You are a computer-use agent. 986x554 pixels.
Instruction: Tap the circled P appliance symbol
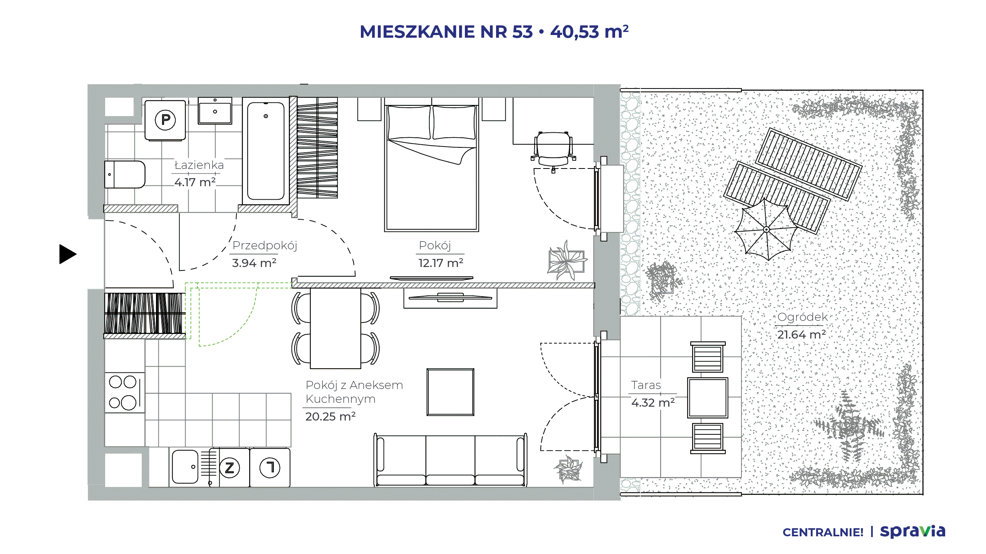[165, 120]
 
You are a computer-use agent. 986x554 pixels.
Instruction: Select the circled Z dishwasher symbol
[230, 468]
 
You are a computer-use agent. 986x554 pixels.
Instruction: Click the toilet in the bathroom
[125, 174]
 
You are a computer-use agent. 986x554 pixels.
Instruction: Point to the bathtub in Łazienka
[266, 151]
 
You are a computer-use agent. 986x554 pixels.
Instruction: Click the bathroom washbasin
[215, 111]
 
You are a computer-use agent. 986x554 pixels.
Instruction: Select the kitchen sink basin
[185, 467]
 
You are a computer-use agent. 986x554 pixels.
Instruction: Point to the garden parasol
[766, 230]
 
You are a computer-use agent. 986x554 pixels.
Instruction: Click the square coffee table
[450, 392]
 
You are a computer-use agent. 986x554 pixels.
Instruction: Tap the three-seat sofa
[450, 460]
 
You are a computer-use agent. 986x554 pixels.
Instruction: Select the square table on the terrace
[708, 398]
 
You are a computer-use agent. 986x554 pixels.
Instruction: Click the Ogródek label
[803, 317]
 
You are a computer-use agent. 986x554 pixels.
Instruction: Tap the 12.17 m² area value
[441, 263]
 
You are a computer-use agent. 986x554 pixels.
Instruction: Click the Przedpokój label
[265, 245]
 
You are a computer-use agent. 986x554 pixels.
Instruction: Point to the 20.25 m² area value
[330, 417]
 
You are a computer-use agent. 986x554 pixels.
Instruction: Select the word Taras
[646, 385]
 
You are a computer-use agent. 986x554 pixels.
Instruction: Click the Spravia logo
[913, 531]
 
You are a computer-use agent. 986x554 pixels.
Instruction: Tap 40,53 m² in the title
[590, 32]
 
